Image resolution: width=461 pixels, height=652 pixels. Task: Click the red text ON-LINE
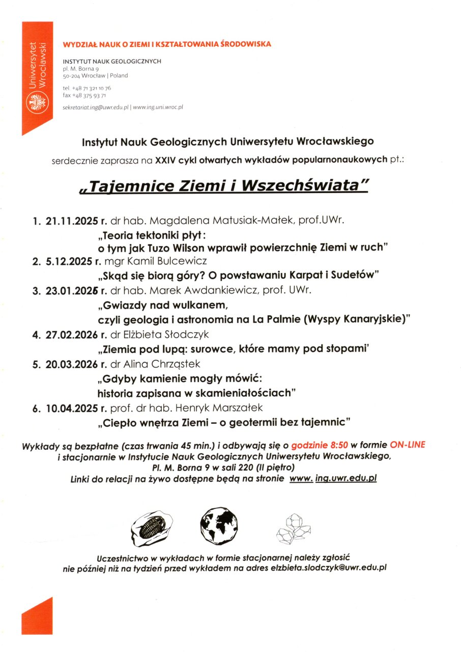pos(408,445)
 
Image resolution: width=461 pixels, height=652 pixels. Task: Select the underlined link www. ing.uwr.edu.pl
pos(333,479)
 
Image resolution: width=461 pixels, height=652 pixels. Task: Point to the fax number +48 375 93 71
pos(89,95)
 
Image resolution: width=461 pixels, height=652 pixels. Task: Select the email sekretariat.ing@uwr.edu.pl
pos(96,107)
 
